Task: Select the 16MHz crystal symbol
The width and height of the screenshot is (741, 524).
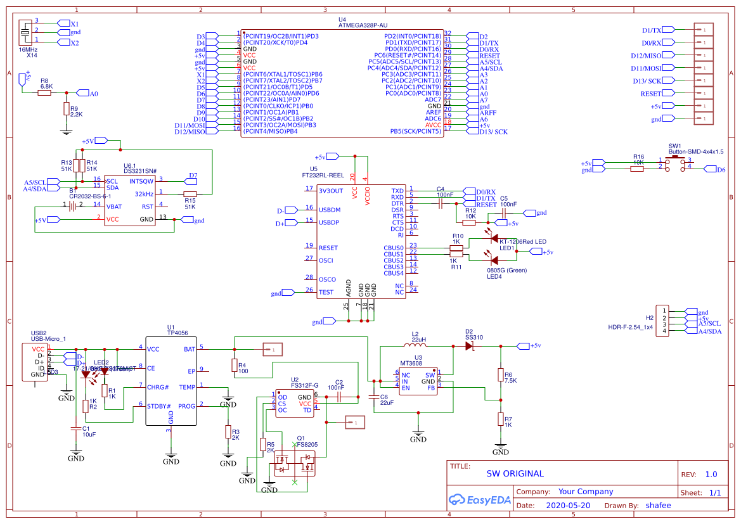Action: point(25,32)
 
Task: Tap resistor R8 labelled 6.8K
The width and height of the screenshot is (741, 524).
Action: point(44,93)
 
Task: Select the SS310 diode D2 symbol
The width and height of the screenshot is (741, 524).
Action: point(470,346)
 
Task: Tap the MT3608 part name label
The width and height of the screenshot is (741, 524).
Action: point(428,364)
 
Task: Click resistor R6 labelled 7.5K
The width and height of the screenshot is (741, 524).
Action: point(500,374)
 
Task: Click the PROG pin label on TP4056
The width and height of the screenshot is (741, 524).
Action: point(186,406)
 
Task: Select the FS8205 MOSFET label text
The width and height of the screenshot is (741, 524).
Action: point(307,444)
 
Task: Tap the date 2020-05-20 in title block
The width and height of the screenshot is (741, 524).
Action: point(567,506)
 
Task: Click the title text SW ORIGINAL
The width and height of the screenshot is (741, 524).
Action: point(515,473)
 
